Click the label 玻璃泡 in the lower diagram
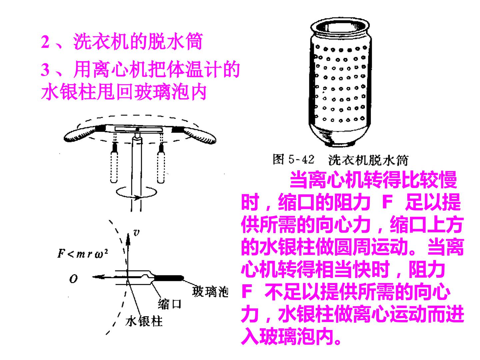point(210,292)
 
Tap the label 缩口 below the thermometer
point(169,304)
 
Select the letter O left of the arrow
point(73,279)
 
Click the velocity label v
point(136,233)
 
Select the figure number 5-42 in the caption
point(301,159)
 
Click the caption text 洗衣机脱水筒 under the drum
point(368,160)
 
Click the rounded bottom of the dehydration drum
point(340,136)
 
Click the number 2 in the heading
point(45,42)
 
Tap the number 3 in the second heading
point(45,70)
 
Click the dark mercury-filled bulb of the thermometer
point(168,278)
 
